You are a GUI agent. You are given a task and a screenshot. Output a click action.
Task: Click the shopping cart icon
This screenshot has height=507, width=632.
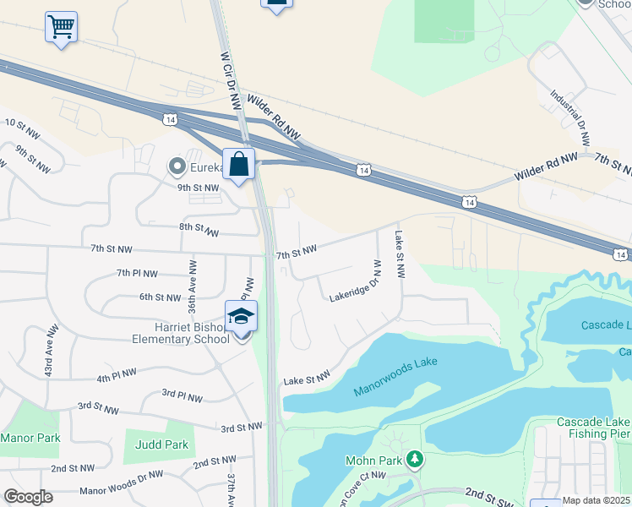[x=61, y=27]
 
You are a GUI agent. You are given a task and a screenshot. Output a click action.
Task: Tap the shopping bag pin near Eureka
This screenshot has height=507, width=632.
[x=239, y=164]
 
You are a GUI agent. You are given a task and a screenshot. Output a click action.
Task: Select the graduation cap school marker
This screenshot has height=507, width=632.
[x=242, y=318]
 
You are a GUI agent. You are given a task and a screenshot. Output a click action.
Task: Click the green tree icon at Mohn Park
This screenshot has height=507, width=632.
[x=414, y=460]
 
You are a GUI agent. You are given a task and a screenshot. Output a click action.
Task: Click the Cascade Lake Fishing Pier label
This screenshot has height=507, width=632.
[x=593, y=428]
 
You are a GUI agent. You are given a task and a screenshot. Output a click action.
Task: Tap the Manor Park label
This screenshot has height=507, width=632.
[x=30, y=438]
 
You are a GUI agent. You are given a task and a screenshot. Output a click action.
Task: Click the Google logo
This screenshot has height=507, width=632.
[x=28, y=497]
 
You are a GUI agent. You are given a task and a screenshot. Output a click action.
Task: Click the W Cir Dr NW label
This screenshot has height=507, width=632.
[x=228, y=81]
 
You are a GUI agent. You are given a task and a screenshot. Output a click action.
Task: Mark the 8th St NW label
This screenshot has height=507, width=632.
[x=199, y=228]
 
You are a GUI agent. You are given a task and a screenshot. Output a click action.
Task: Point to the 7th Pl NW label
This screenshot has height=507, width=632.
[x=137, y=273]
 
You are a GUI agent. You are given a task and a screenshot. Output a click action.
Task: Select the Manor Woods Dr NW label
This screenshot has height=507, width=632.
[x=121, y=483]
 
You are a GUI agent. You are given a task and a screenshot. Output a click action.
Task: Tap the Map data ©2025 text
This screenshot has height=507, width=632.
[x=597, y=500]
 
